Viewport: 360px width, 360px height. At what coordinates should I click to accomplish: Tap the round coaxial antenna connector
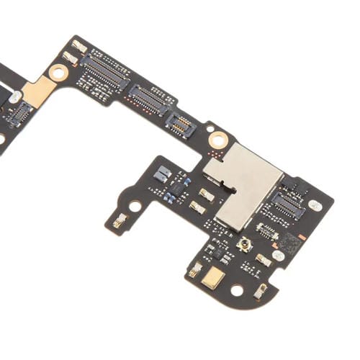[245, 248]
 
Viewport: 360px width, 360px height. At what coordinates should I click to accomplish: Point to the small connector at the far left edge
[19, 112]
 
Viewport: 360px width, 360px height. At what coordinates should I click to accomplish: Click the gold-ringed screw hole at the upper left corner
[58, 71]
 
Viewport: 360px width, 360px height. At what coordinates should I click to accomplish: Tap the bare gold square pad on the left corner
[40, 91]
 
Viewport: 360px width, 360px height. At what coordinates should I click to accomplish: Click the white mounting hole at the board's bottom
[236, 290]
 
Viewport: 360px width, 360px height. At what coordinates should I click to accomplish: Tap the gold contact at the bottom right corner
[261, 290]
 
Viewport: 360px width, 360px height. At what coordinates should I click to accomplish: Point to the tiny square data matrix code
[288, 241]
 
